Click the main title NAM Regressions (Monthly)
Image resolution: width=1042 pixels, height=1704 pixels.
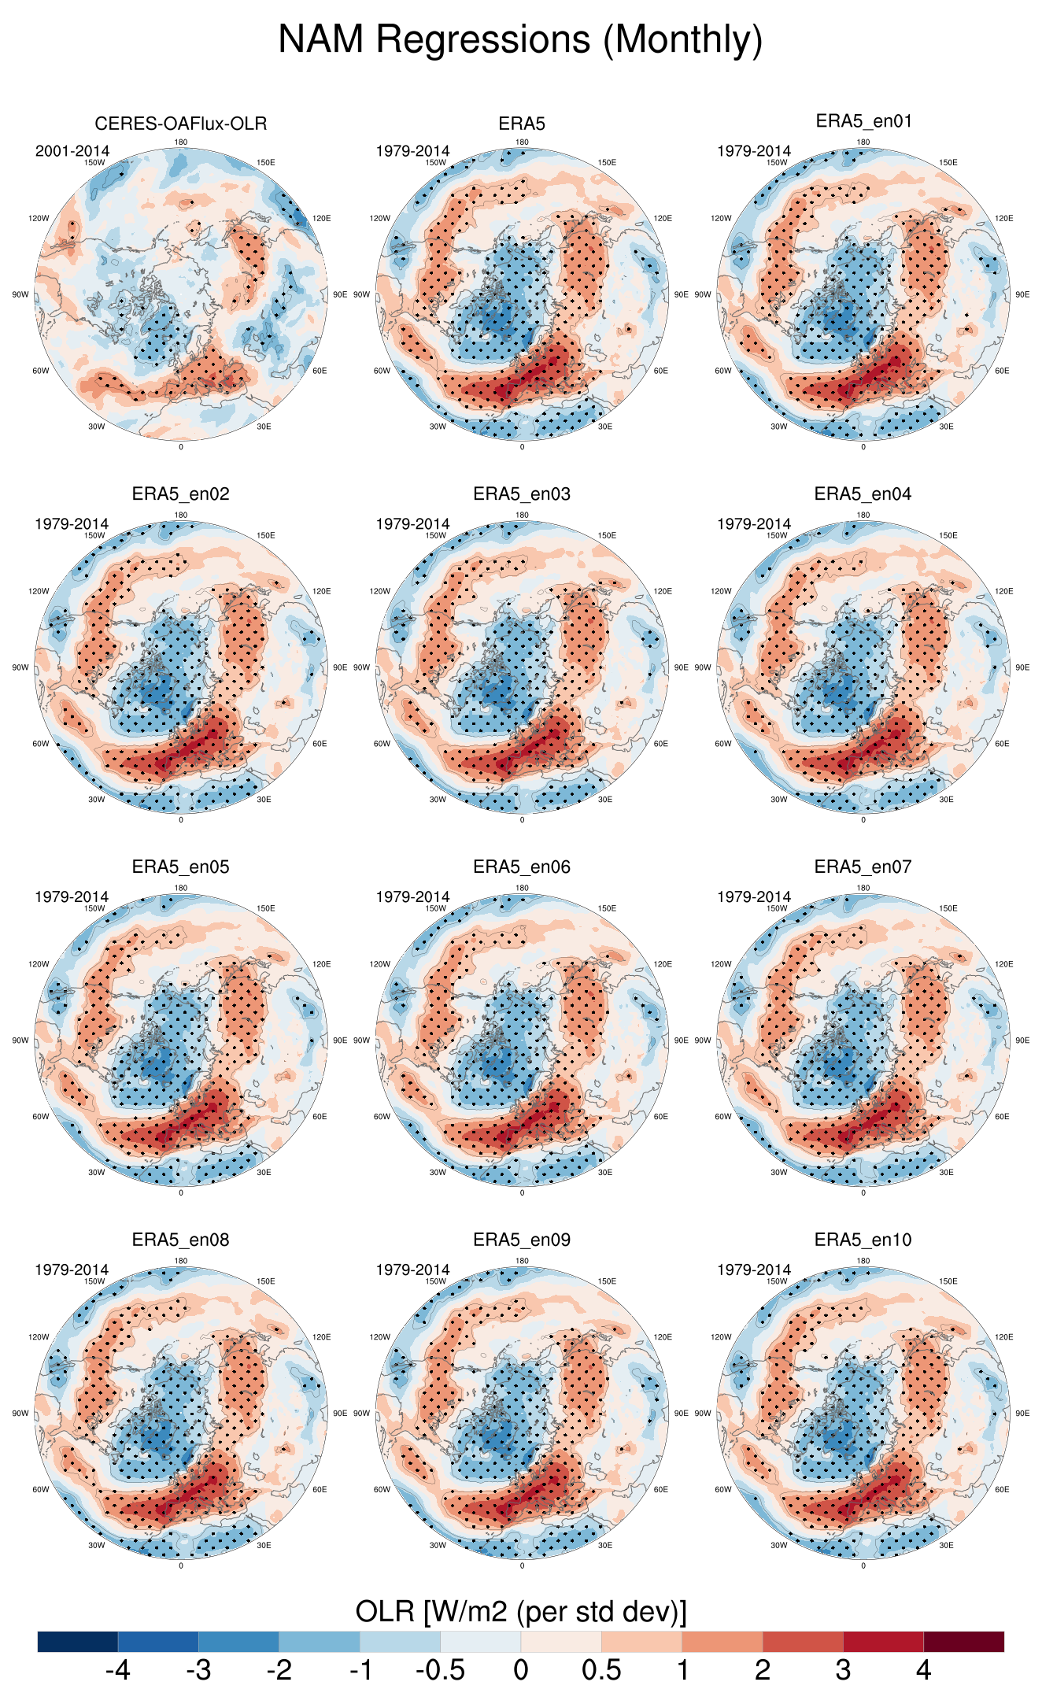(520, 39)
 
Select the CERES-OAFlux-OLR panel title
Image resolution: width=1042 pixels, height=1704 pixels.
(181, 124)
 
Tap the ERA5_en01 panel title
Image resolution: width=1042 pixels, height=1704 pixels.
(863, 121)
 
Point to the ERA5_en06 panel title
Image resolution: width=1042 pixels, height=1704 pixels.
(522, 867)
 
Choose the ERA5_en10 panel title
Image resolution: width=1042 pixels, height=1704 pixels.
(863, 1240)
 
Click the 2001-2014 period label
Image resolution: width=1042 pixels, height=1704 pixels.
(72, 151)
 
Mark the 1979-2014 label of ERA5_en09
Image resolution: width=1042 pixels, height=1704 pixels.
(412, 1270)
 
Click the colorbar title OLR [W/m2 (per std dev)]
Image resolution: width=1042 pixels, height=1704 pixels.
(520, 1611)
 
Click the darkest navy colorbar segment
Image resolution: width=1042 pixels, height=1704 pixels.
(77, 1641)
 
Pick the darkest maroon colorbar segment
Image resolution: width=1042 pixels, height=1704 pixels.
(963, 1641)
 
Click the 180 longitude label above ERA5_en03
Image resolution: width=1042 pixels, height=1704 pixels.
(522, 516)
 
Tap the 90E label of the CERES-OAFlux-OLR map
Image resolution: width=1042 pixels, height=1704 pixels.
(340, 294)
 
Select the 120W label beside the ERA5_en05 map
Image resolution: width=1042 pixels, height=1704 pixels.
(39, 964)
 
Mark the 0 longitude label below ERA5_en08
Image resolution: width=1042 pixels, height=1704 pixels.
(181, 1565)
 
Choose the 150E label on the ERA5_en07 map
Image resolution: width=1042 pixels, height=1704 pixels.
(948, 908)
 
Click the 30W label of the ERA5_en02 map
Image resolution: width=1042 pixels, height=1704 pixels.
(96, 800)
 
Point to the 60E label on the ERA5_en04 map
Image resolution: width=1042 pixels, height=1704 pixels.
(1002, 744)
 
